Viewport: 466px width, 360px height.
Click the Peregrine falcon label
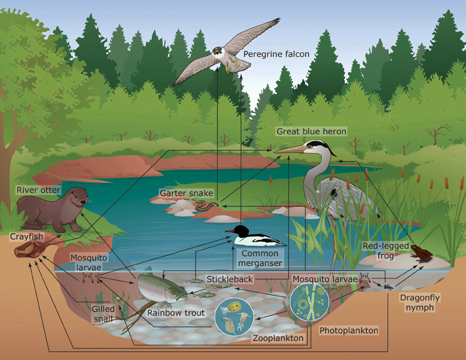pyautogui.click(x=276, y=55)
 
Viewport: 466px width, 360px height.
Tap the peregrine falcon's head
pyautogui.click(x=219, y=52)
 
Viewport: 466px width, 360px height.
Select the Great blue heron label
pyautogui.click(x=312, y=131)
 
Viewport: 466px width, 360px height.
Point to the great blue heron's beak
pyautogui.click(x=290, y=151)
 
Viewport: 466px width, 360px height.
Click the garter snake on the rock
pyautogui.click(x=207, y=206)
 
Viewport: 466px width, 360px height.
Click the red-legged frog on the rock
pyautogui.click(x=421, y=253)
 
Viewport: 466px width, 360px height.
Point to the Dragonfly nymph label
pyautogui.click(x=420, y=302)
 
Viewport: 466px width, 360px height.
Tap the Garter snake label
pyautogui.click(x=186, y=193)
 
